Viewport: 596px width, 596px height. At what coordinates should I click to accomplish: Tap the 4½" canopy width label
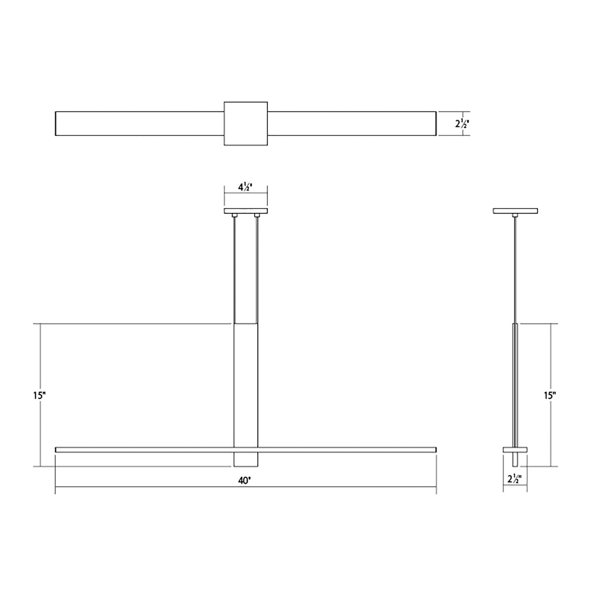(245, 187)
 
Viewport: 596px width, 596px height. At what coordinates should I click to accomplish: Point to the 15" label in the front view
(39, 396)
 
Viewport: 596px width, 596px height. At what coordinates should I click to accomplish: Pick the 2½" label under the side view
(514, 479)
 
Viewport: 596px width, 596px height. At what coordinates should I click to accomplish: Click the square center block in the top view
(245, 124)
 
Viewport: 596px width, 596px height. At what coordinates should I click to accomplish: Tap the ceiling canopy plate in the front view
(245, 211)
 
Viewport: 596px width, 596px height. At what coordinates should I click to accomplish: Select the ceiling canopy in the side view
(515, 211)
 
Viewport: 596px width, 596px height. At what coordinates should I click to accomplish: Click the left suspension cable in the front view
(234, 268)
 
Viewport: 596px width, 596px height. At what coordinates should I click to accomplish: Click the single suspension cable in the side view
(515, 268)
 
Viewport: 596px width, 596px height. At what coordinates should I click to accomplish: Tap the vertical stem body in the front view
(246, 384)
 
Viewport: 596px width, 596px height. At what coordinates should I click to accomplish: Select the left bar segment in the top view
(139, 123)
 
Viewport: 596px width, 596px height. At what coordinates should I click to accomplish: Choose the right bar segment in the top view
(351, 123)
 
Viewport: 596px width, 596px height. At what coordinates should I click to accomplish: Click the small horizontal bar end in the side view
(515, 449)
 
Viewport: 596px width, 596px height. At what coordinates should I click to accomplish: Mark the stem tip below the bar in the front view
(246, 459)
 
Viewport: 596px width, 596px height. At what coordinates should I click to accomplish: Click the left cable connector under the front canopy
(234, 215)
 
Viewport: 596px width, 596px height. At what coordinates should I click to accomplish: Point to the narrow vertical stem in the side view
(515, 384)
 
